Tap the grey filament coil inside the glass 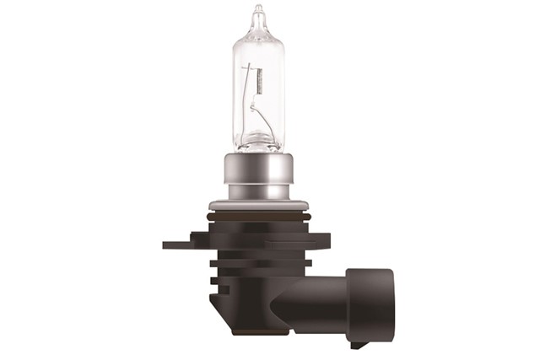pyautogui.click(x=259, y=83)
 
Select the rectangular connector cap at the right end pyautogui.click(x=370, y=304)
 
